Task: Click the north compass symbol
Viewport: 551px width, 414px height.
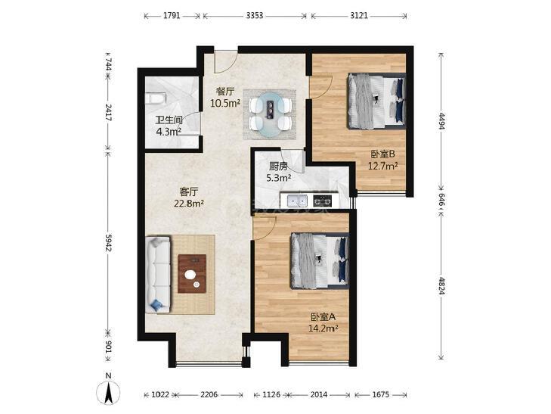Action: tap(108, 390)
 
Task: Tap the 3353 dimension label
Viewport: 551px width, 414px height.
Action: tap(255, 15)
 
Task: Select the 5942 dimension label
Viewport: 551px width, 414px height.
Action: tap(108, 243)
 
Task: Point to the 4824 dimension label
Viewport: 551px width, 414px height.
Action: tap(441, 285)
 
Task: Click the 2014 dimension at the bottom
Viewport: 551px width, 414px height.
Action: tap(319, 394)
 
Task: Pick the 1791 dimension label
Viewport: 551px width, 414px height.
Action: tap(172, 15)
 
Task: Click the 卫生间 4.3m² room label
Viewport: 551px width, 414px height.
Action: tap(169, 126)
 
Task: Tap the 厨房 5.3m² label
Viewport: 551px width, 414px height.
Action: tap(279, 172)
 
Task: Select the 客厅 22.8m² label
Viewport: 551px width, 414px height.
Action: tap(189, 198)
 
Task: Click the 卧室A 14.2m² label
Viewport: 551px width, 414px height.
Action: tap(323, 322)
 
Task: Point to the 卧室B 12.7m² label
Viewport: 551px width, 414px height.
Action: tap(382, 160)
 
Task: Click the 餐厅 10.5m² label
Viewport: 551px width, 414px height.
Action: tap(225, 98)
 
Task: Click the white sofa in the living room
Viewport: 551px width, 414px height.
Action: tap(158, 274)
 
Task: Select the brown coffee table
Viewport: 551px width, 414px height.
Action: tap(192, 274)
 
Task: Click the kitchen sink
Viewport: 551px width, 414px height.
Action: tap(297, 201)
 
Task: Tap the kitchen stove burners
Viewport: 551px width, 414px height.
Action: tap(322, 201)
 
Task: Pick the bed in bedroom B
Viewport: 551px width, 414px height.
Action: tap(376, 101)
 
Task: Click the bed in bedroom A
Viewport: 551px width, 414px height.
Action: tap(320, 261)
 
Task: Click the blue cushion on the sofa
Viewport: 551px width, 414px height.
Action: tap(156, 304)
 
